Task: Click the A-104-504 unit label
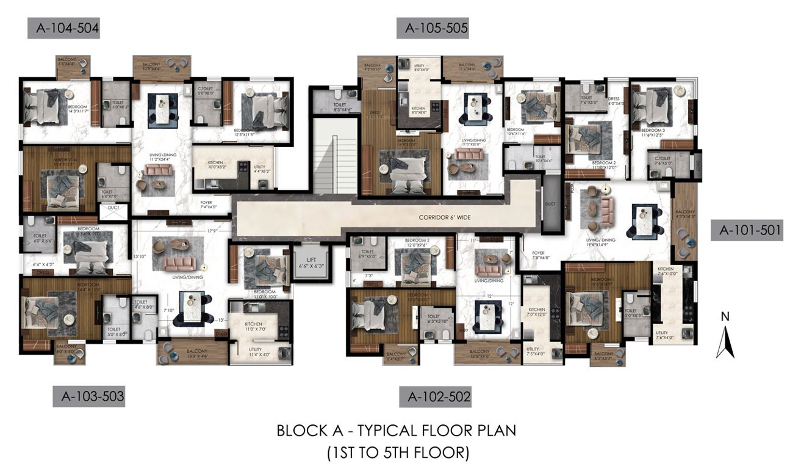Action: click(63, 28)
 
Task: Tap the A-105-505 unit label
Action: click(433, 28)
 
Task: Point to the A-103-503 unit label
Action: click(88, 397)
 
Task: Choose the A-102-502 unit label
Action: click(435, 397)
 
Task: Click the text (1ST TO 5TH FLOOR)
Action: click(397, 453)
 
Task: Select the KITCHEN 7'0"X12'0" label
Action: click(537, 312)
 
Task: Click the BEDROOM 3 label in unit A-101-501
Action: click(652, 132)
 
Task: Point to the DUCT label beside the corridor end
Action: click(551, 204)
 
